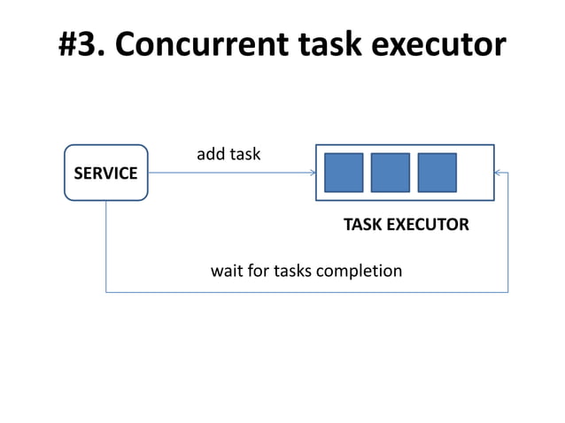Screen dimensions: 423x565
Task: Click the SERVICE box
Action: pyautogui.click(x=105, y=173)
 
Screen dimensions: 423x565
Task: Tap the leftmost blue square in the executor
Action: pyautogui.click(x=344, y=173)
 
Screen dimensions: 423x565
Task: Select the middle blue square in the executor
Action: pyautogui.click(x=390, y=173)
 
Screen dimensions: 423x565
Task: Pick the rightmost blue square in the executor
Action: pyautogui.click(x=437, y=173)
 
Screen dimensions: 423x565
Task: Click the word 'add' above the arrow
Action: pyautogui.click(x=210, y=154)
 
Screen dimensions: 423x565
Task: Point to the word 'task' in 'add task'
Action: pyautogui.click(x=244, y=154)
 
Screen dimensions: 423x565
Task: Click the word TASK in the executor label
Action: pyautogui.click(x=361, y=225)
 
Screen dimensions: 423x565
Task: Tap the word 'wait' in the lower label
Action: pyautogui.click(x=226, y=270)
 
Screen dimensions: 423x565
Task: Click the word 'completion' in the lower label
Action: pyautogui.click(x=360, y=271)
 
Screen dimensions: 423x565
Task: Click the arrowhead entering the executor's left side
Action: pyautogui.click(x=313, y=173)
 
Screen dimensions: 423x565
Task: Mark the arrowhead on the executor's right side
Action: pyautogui.click(x=498, y=173)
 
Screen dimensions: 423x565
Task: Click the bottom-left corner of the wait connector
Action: pyautogui.click(x=106, y=292)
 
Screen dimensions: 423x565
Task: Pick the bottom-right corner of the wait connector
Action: pyautogui.click(x=507, y=292)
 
